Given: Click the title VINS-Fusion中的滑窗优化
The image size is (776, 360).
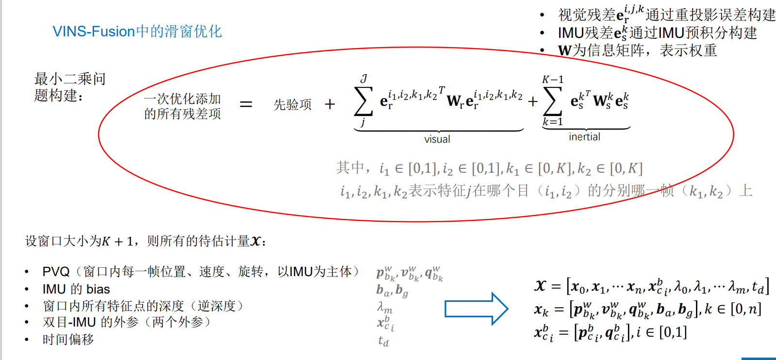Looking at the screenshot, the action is click(x=137, y=32).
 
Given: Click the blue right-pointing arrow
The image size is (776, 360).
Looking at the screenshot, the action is click(x=476, y=309).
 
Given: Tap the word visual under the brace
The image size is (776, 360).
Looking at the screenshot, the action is click(x=437, y=139).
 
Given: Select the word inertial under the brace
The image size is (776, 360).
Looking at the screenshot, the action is click(x=584, y=137).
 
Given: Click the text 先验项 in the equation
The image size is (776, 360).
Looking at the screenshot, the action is click(x=292, y=104).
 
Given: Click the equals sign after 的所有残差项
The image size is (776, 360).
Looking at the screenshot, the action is click(x=246, y=104).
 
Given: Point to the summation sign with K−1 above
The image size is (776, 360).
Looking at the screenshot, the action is click(x=552, y=101).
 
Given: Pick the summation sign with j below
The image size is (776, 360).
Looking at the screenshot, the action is click(x=363, y=101).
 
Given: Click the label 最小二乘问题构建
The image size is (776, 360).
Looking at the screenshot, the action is click(x=69, y=87).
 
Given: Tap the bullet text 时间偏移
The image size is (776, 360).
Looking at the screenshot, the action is click(x=68, y=339).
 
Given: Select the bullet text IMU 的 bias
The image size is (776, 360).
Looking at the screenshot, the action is click(x=76, y=289).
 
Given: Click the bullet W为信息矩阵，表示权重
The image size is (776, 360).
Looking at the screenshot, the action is click(x=637, y=50).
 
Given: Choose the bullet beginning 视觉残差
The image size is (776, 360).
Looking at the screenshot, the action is click(x=666, y=15).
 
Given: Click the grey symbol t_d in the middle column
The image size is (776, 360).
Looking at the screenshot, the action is click(x=383, y=342).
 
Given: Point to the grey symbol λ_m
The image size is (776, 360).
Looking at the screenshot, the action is click(x=385, y=308).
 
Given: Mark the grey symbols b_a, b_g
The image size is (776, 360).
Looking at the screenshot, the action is click(x=392, y=290).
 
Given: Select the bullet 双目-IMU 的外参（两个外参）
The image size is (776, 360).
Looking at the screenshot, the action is click(x=126, y=322).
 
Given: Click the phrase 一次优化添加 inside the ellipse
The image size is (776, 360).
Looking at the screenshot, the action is click(x=182, y=98).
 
